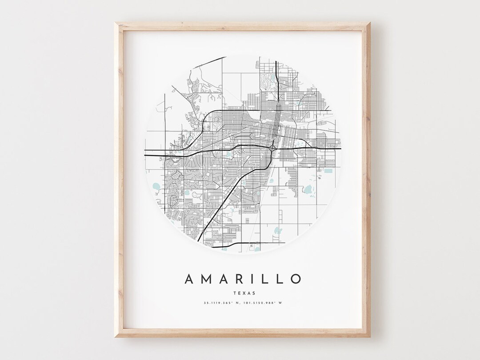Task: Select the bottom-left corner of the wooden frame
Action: tap(115, 337)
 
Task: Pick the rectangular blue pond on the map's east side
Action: tap(328, 171)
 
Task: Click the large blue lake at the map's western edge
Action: tap(155, 186)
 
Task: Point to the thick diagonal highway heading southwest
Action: tap(227, 196)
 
